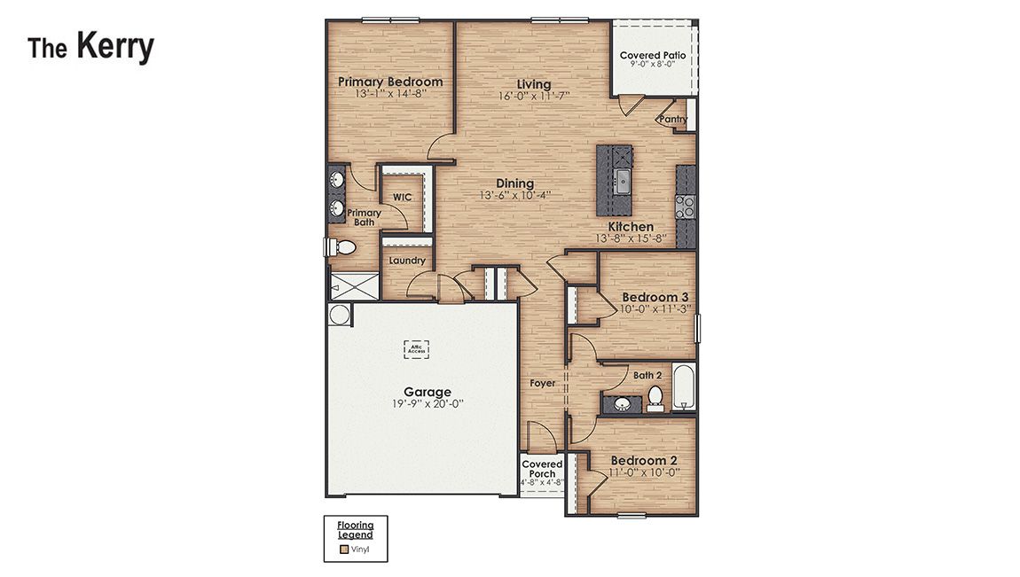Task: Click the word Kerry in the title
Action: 114,47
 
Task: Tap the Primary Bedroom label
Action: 390,82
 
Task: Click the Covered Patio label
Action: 652,56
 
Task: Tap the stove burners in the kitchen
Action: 685,207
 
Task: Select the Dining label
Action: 514,183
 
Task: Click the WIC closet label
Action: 401,198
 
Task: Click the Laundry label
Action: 407,261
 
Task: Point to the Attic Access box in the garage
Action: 416,349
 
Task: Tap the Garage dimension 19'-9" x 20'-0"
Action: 428,403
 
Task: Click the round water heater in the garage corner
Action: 339,315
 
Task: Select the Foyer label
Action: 543,383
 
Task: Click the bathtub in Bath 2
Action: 684,388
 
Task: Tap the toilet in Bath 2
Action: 655,397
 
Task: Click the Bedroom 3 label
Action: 655,297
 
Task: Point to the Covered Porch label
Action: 542,469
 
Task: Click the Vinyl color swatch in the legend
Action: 345,550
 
